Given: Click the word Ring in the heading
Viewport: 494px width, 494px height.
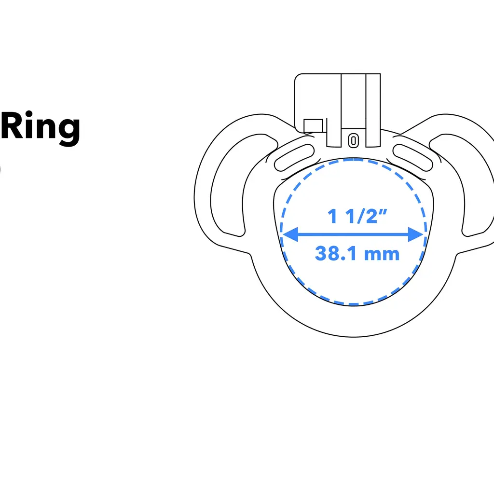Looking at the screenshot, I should pyautogui.click(x=41, y=127).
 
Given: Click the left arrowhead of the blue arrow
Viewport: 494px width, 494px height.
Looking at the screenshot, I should pyautogui.click(x=289, y=235).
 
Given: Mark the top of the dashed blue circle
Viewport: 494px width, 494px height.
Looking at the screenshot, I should pyautogui.click(x=354, y=159).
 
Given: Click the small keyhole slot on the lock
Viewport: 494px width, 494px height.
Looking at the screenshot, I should pyautogui.click(x=354, y=140).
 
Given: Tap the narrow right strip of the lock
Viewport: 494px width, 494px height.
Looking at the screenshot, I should pyautogui.click(x=373, y=110).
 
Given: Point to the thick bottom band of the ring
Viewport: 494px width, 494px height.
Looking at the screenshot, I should pyautogui.click(x=354, y=321).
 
